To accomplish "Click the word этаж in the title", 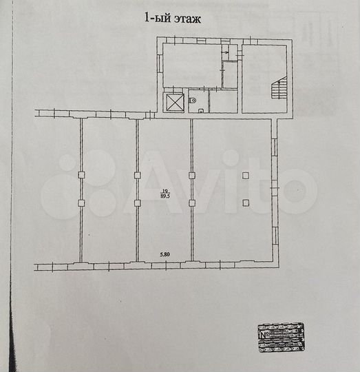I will coord(186,19).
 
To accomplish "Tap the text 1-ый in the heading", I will coord(156,19).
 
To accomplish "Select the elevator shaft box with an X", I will coord(174,102).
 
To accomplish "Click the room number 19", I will coord(165,191).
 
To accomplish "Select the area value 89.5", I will coord(165,196).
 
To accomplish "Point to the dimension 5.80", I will coord(165,256).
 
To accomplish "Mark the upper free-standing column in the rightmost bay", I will coord(246,176).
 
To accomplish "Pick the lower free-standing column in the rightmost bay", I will coord(246,202).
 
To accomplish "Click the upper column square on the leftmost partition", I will coord(82,176).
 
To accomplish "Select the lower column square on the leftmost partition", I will coord(82,203).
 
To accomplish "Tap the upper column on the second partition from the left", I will coord(138,176).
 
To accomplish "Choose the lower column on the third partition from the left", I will coord(192,203).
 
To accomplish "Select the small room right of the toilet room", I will coord(223,101).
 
